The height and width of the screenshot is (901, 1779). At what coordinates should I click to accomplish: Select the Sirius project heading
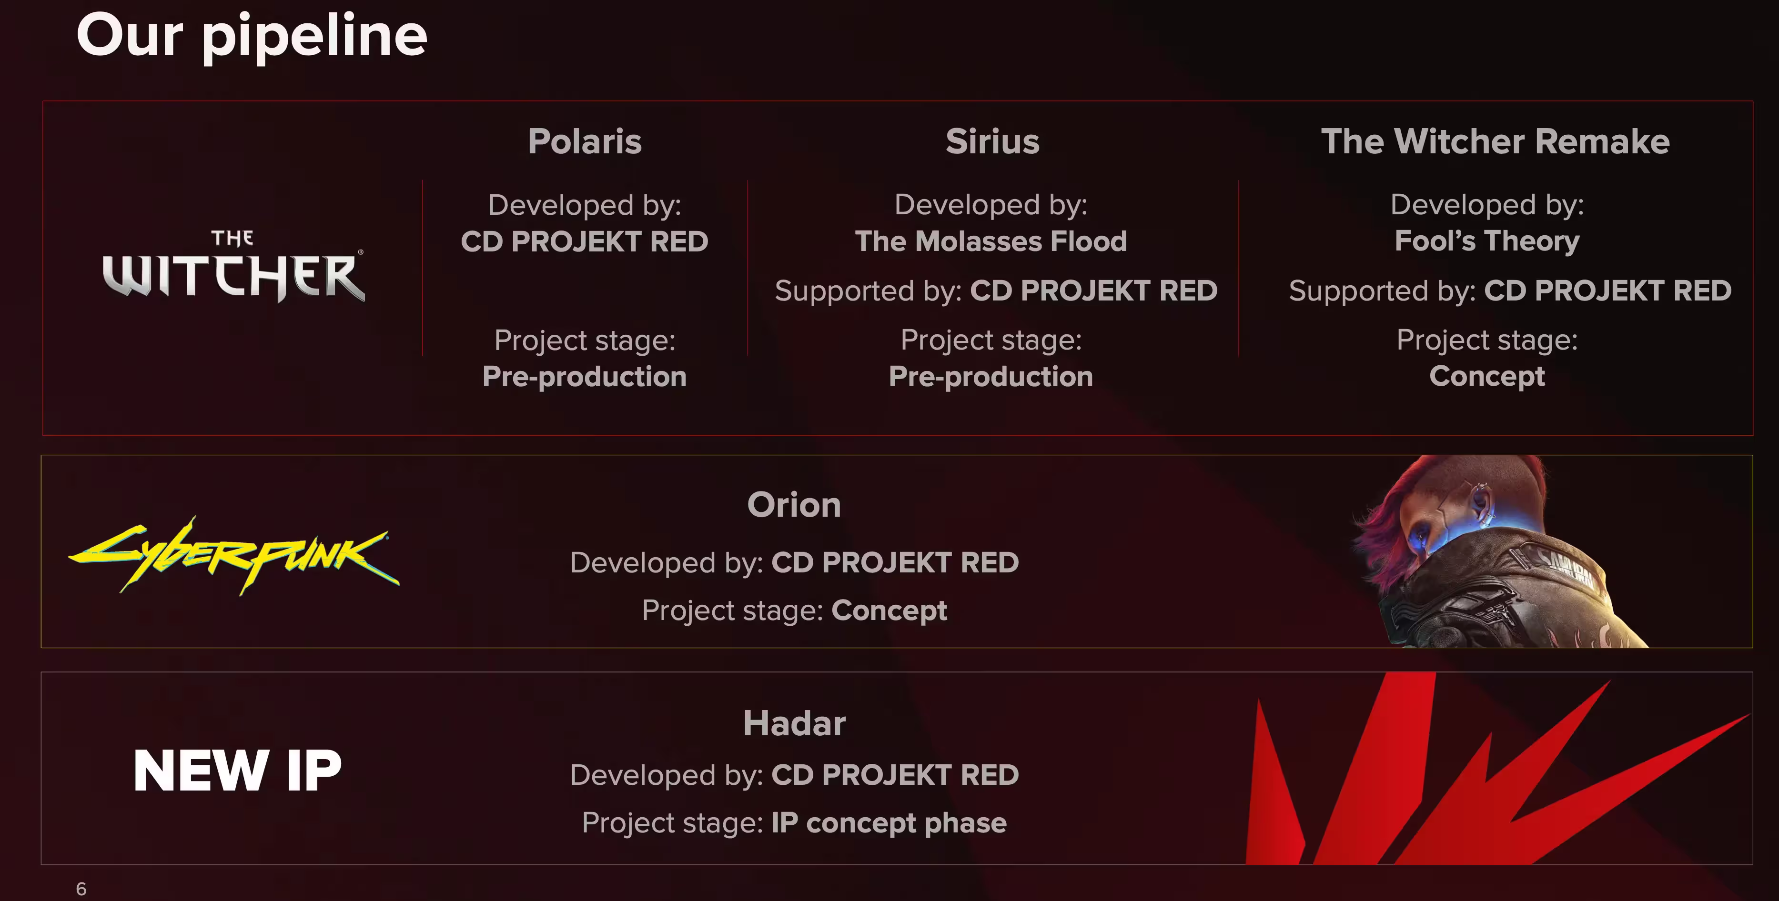point(992,141)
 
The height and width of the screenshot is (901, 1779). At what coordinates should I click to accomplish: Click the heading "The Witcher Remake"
point(1495,141)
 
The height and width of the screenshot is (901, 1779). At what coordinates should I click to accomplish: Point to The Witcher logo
point(233,267)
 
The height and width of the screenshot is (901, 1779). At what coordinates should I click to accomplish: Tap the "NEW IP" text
point(238,771)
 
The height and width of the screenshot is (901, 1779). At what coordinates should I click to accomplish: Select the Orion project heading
point(794,505)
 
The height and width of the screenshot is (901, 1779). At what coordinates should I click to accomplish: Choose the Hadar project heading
point(794,723)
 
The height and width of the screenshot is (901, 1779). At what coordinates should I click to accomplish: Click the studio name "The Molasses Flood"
point(991,241)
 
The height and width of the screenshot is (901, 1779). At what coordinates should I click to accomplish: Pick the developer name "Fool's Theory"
point(1487,241)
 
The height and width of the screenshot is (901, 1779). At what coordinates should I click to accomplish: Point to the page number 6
point(81,889)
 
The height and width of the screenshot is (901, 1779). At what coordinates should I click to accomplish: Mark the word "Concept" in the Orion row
point(889,611)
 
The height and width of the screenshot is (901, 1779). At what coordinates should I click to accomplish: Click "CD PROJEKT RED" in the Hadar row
point(895,775)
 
